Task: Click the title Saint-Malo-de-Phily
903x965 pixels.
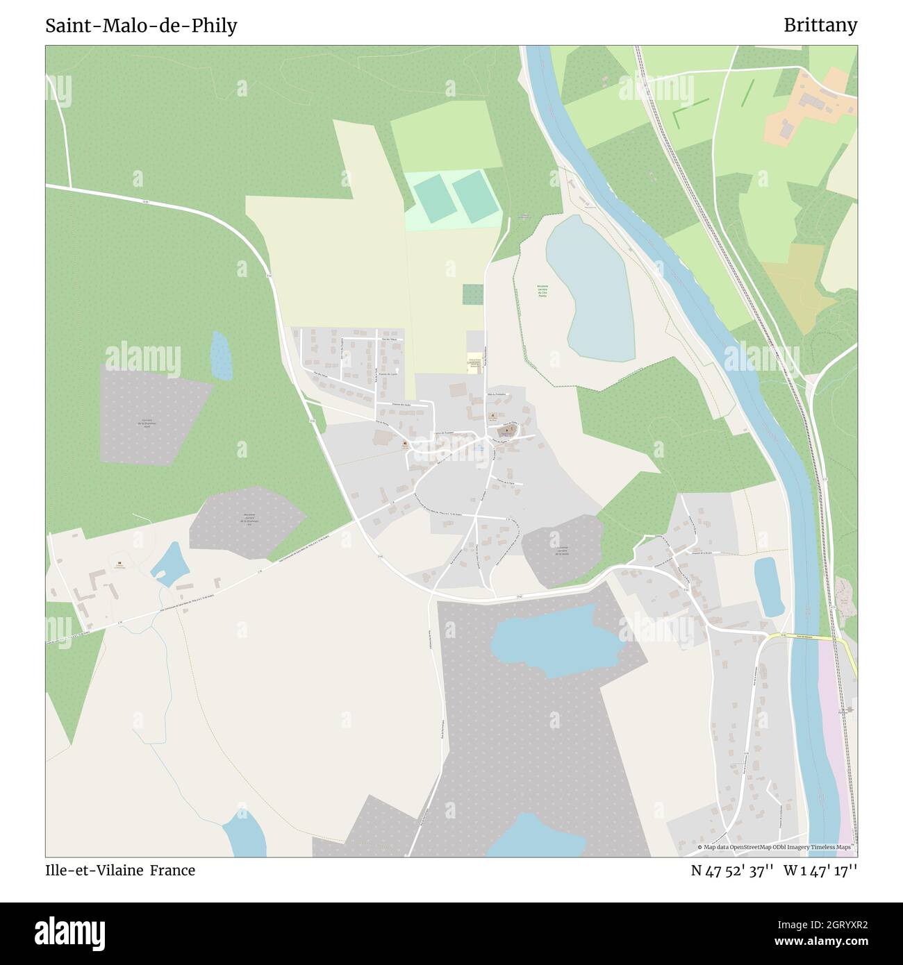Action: point(141,26)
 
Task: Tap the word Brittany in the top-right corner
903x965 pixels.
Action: point(820,26)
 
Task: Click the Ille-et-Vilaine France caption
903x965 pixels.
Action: point(120,871)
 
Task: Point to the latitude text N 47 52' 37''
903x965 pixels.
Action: point(733,871)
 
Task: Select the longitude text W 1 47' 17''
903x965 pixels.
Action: point(822,871)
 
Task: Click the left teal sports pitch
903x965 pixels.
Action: point(432,198)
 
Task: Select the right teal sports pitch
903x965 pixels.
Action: point(472,196)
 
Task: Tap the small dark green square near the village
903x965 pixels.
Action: point(473,294)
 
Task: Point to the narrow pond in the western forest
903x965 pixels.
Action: point(221,355)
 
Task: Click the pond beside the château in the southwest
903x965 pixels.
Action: point(169,564)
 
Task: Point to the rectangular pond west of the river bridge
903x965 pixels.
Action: point(768,587)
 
